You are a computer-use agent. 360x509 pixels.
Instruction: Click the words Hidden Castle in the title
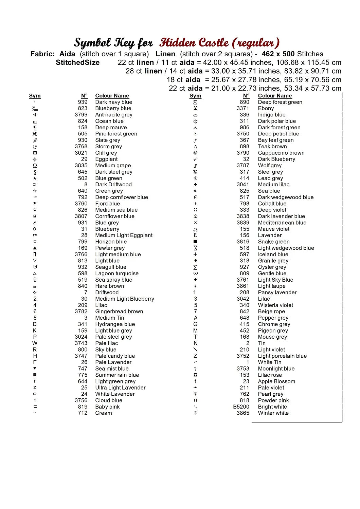[194, 43]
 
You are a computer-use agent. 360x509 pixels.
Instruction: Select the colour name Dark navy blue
[113, 102]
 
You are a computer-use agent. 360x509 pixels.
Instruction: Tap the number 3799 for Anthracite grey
[81, 115]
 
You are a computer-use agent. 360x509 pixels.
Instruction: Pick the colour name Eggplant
[106, 159]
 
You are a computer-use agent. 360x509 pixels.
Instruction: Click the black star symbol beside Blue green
[35, 178]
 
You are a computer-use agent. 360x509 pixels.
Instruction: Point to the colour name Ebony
[266, 108]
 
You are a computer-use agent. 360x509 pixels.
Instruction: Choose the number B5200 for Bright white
[241, 407]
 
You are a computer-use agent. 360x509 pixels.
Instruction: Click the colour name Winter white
[273, 413]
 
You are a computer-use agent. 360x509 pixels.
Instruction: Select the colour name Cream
[103, 413]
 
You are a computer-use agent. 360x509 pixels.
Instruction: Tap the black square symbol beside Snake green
[195, 242]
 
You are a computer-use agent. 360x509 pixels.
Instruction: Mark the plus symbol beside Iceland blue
[195, 254]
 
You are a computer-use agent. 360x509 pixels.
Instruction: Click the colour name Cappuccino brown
[281, 153]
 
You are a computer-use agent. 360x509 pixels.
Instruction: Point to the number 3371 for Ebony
[243, 108]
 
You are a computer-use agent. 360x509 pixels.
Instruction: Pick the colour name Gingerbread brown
[119, 312]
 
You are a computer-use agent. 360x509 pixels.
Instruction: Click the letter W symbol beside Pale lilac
[35, 343]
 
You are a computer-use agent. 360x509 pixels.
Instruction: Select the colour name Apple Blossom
[276, 381]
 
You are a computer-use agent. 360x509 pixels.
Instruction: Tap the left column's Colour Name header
[112, 96]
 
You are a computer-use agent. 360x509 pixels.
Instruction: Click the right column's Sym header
[195, 96]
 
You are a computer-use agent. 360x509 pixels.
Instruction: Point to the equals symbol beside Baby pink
[35, 407]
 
